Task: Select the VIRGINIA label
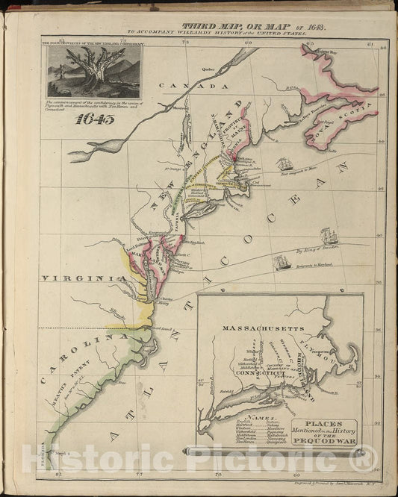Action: click(72, 278)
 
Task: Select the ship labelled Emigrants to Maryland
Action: click(281, 262)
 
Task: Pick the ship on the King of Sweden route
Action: click(329, 238)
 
